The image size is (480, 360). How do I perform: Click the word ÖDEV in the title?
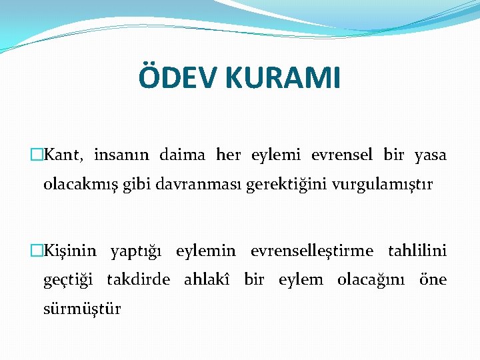coord(178,77)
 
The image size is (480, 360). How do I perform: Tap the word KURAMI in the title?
coord(283,78)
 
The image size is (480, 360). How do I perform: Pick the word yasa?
coord(430,156)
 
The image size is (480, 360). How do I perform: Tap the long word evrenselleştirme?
coord(311,251)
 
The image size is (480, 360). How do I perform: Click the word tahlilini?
coord(417,251)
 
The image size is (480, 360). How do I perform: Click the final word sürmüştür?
coord(82,309)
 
